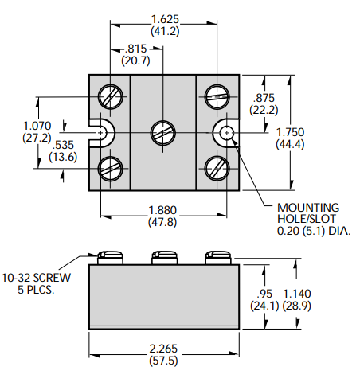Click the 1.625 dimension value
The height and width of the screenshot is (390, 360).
click(x=165, y=19)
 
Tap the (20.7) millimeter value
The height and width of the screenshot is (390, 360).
click(x=135, y=60)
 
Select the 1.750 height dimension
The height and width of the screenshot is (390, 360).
click(x=290, y=132)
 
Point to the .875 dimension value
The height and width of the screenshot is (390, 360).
click(x=264, y=98)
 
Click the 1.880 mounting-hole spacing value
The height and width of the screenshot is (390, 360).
click(x=162, y=210)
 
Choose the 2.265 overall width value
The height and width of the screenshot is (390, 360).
click(x=163, y=349)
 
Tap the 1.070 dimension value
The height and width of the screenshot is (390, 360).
click(x=37, y=126)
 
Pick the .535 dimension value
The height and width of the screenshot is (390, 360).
click(x=63, y=145)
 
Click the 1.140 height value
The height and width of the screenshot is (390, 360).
click(x=297, y=294)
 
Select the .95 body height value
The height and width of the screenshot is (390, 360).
click(x=264, y=294)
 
